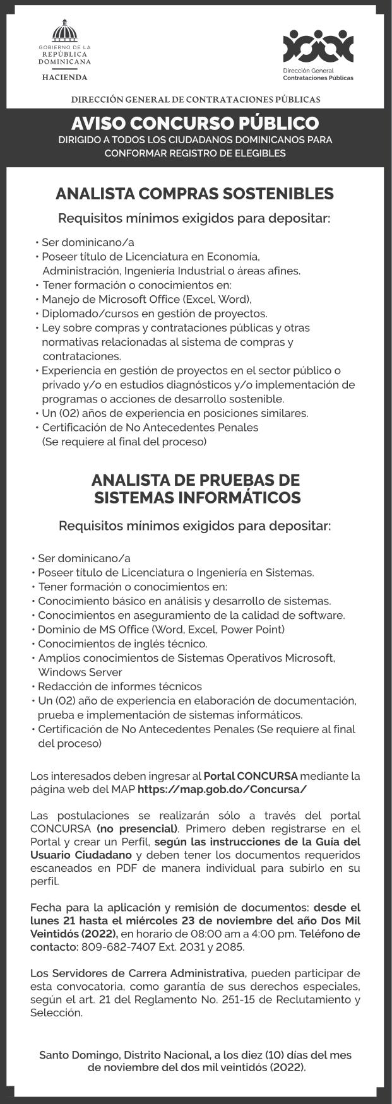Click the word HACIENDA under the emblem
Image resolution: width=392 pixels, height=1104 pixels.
coord(64,77)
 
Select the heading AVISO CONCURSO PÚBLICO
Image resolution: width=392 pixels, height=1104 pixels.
coord(195,122)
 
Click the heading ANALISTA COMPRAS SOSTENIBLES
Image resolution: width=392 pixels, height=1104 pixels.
coord(194,193)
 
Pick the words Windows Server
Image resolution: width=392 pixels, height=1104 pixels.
coord(71,672)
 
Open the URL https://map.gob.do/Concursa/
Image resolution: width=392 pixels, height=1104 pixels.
coord(222,789)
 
